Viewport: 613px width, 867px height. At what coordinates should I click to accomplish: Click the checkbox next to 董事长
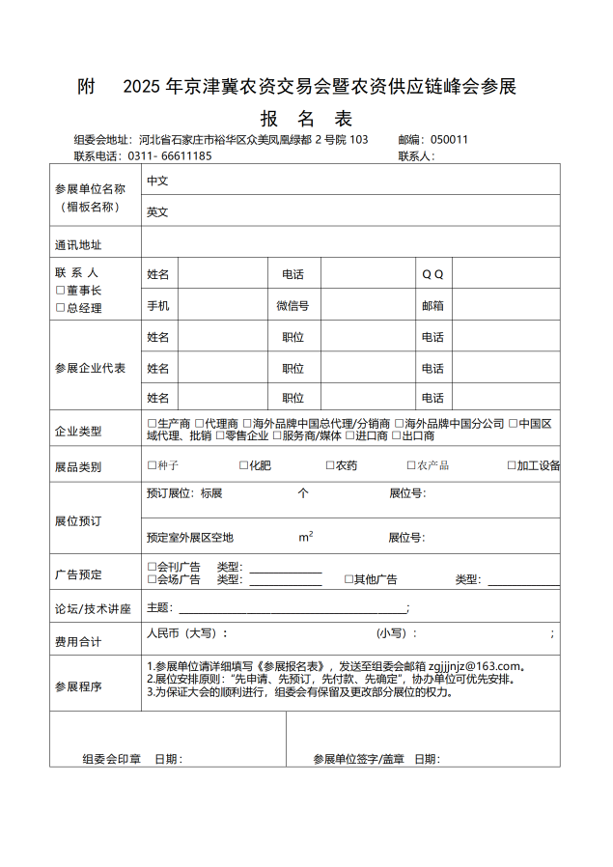coord(60,291)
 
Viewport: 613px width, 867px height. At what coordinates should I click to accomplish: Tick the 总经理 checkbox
coord(60,308)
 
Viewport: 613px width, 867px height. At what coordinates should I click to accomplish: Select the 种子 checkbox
coord(152,465)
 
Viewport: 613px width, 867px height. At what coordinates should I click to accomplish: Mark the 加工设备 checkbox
coord(512,465)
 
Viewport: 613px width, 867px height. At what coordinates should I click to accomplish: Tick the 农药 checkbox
coord(328,465)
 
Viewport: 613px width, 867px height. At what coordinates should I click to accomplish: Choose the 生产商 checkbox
coord(152,423)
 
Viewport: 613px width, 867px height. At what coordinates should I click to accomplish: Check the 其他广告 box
coord(348,579)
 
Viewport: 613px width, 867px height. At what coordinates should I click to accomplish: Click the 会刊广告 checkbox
coord(152,567)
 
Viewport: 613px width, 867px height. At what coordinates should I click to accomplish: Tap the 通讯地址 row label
coord(78,244)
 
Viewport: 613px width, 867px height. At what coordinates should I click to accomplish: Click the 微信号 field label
coord(293,306)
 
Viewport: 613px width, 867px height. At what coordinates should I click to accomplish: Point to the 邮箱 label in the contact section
coord(432,306)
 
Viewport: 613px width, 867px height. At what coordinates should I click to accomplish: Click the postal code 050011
coord(449,139)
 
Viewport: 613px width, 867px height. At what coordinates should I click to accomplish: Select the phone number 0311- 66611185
coord(170,155)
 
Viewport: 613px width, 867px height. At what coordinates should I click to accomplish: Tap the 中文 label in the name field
coord(157,181)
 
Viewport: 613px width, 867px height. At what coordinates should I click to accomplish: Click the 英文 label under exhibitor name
coord(157,211)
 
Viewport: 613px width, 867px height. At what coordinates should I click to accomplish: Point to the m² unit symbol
coord(305,537)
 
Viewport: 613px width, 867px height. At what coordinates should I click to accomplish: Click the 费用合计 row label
coord(78,641)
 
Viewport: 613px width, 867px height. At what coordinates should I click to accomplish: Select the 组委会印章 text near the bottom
coord(112,759)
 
